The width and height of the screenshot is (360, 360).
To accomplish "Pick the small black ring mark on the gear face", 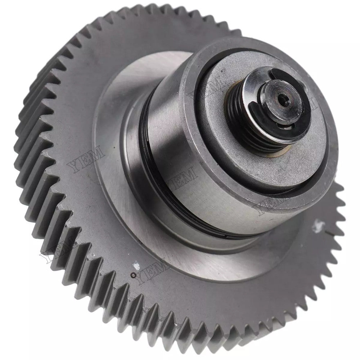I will [x=133, y=275].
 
